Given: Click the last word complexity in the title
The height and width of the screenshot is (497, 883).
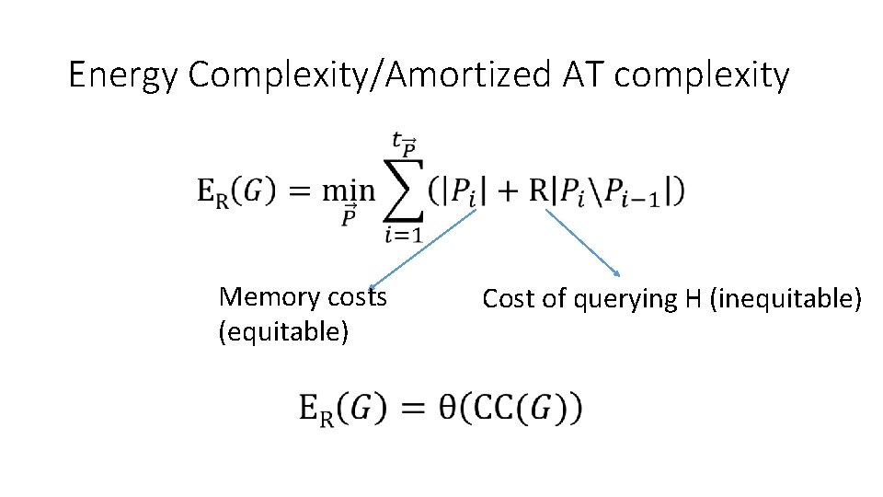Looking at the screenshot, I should coord(702,75).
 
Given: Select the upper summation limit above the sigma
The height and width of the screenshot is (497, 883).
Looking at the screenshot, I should coord(403,144).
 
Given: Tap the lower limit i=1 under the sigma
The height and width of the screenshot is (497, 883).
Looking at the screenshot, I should coord(402,236).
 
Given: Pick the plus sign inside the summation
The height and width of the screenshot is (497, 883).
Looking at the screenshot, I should coord(505,191).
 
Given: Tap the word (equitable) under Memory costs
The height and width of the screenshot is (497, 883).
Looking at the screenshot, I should coord(283,330).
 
